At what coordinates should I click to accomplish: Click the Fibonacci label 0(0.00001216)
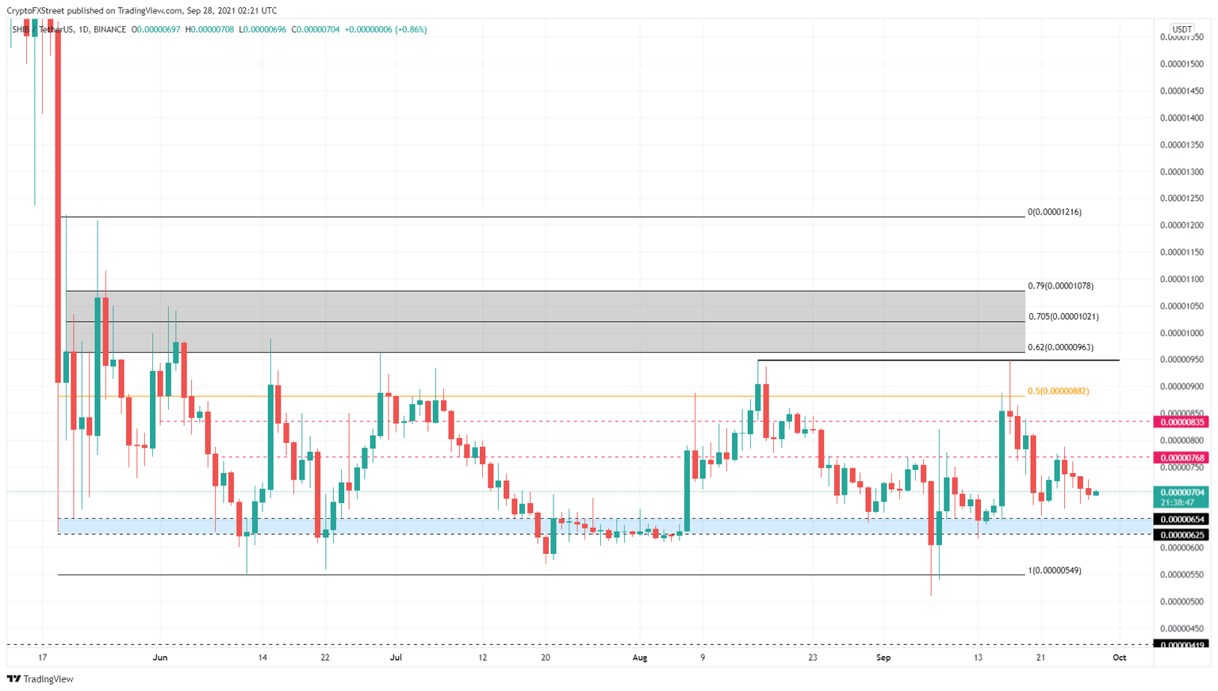coord(1054,212)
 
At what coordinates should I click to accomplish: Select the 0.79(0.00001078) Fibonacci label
coord(1060,286)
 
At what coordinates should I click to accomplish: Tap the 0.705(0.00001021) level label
coord(1063,317)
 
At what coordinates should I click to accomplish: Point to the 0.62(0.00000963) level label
coord(1060,347)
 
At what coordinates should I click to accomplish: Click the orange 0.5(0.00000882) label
coord(1058,391)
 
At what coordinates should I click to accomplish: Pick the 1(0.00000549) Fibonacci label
coord(1054,571)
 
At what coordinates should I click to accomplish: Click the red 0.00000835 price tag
coord(1182,422)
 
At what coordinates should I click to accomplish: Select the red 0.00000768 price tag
coord(1182,458)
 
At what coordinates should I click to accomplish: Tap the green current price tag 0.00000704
coord(1182,493)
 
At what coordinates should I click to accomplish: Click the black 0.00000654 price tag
coord(1182,520)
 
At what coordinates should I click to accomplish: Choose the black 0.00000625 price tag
coord(1182,536)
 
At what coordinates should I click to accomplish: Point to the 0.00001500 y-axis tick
coord(1181,64)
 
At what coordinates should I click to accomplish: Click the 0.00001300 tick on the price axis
coord(1181,172)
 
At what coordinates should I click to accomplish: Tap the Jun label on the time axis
coord(160,658)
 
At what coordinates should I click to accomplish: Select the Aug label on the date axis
coord(640,658)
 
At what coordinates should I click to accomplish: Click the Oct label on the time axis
coord(1119,658)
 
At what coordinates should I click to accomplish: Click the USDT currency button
coord(1182,29)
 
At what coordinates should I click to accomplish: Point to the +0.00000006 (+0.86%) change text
coord(385,29)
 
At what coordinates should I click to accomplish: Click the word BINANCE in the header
coord(109,29)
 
